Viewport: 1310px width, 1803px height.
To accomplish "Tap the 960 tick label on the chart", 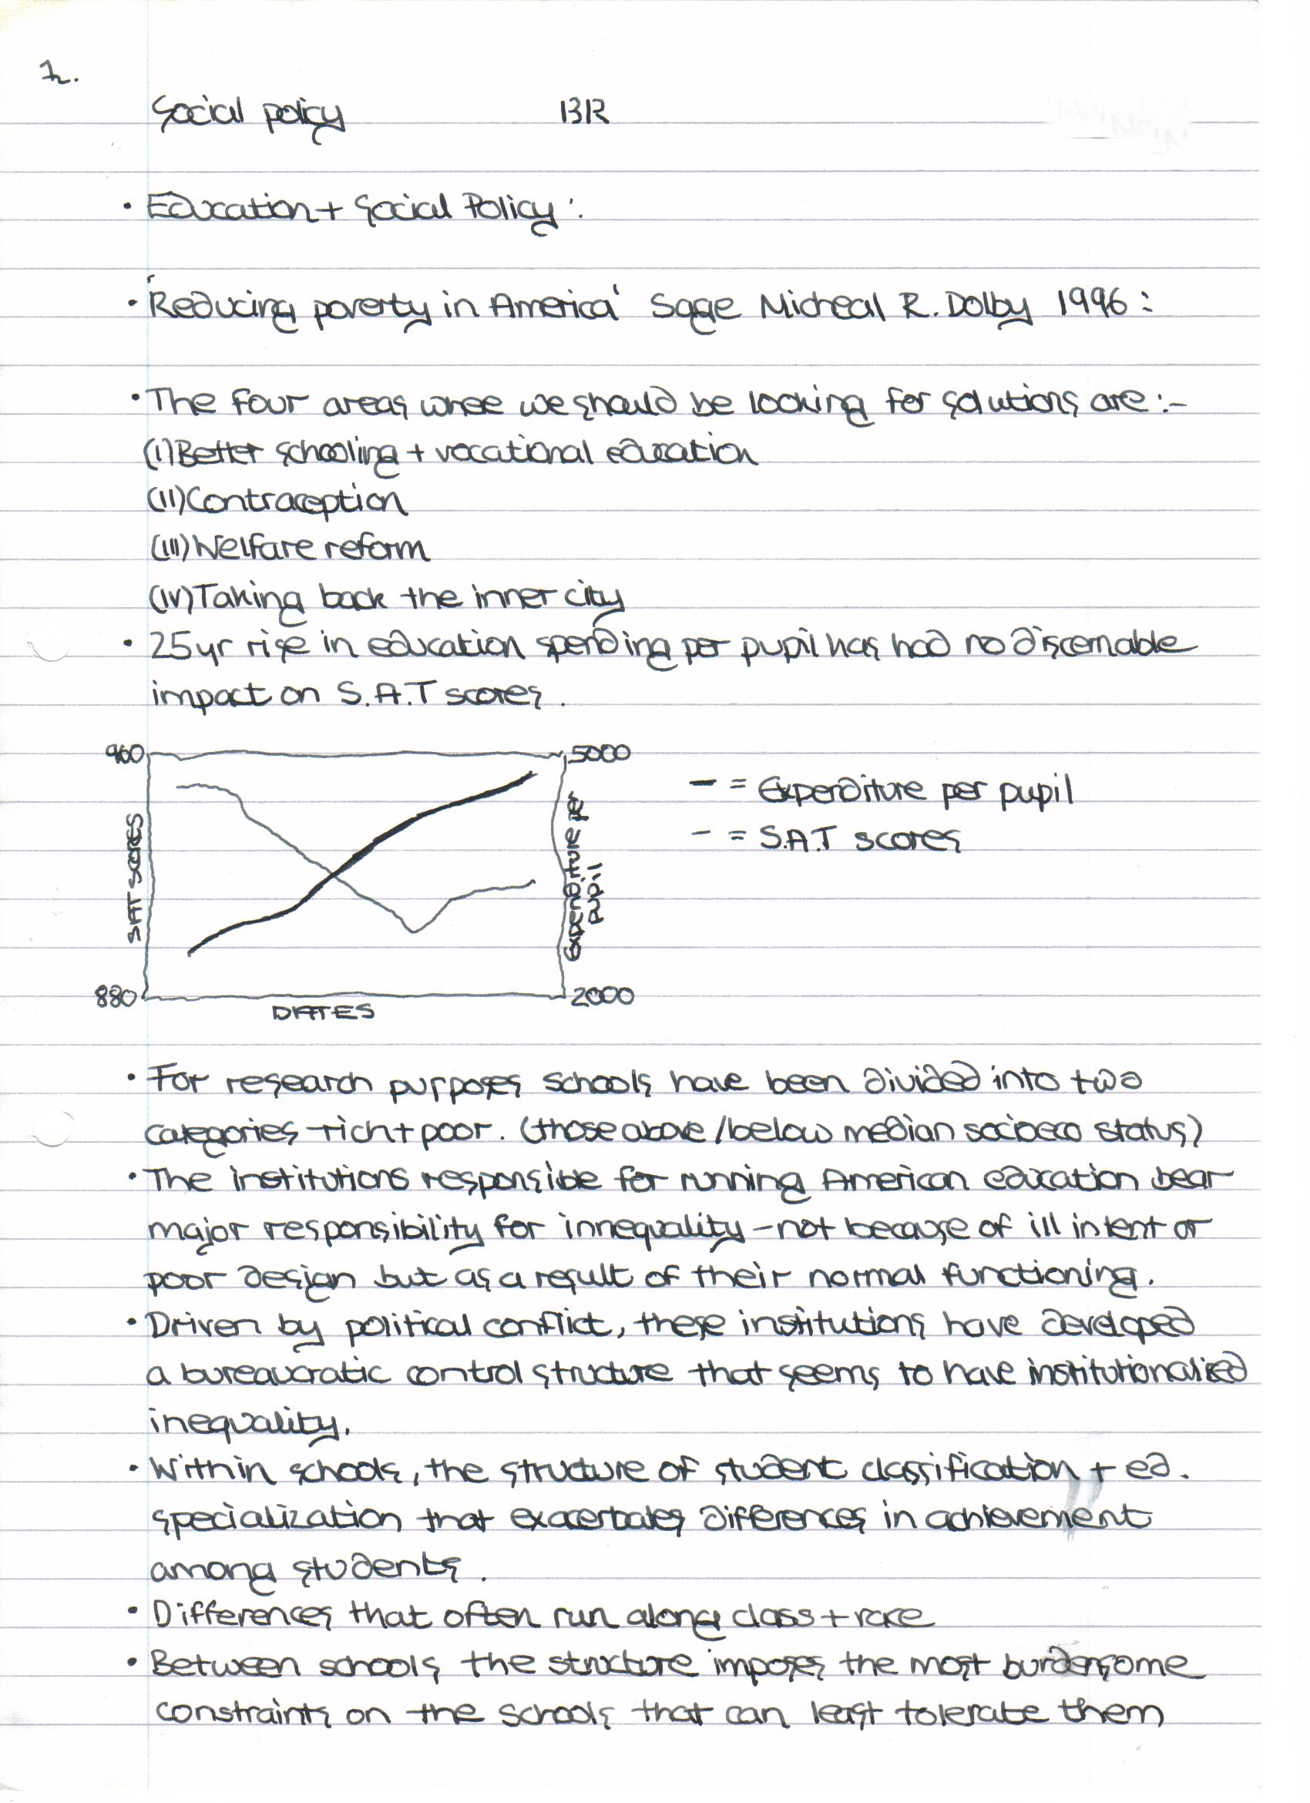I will [126, 752].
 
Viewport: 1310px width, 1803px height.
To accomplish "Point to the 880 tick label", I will [116, 996].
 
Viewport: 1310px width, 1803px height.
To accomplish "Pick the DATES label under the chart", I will [322, 1012].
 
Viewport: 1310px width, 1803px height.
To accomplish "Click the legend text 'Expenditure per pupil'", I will [915, 791].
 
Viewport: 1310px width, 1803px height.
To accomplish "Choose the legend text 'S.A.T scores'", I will [859, 838].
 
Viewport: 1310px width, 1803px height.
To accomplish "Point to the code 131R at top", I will [584, 112].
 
